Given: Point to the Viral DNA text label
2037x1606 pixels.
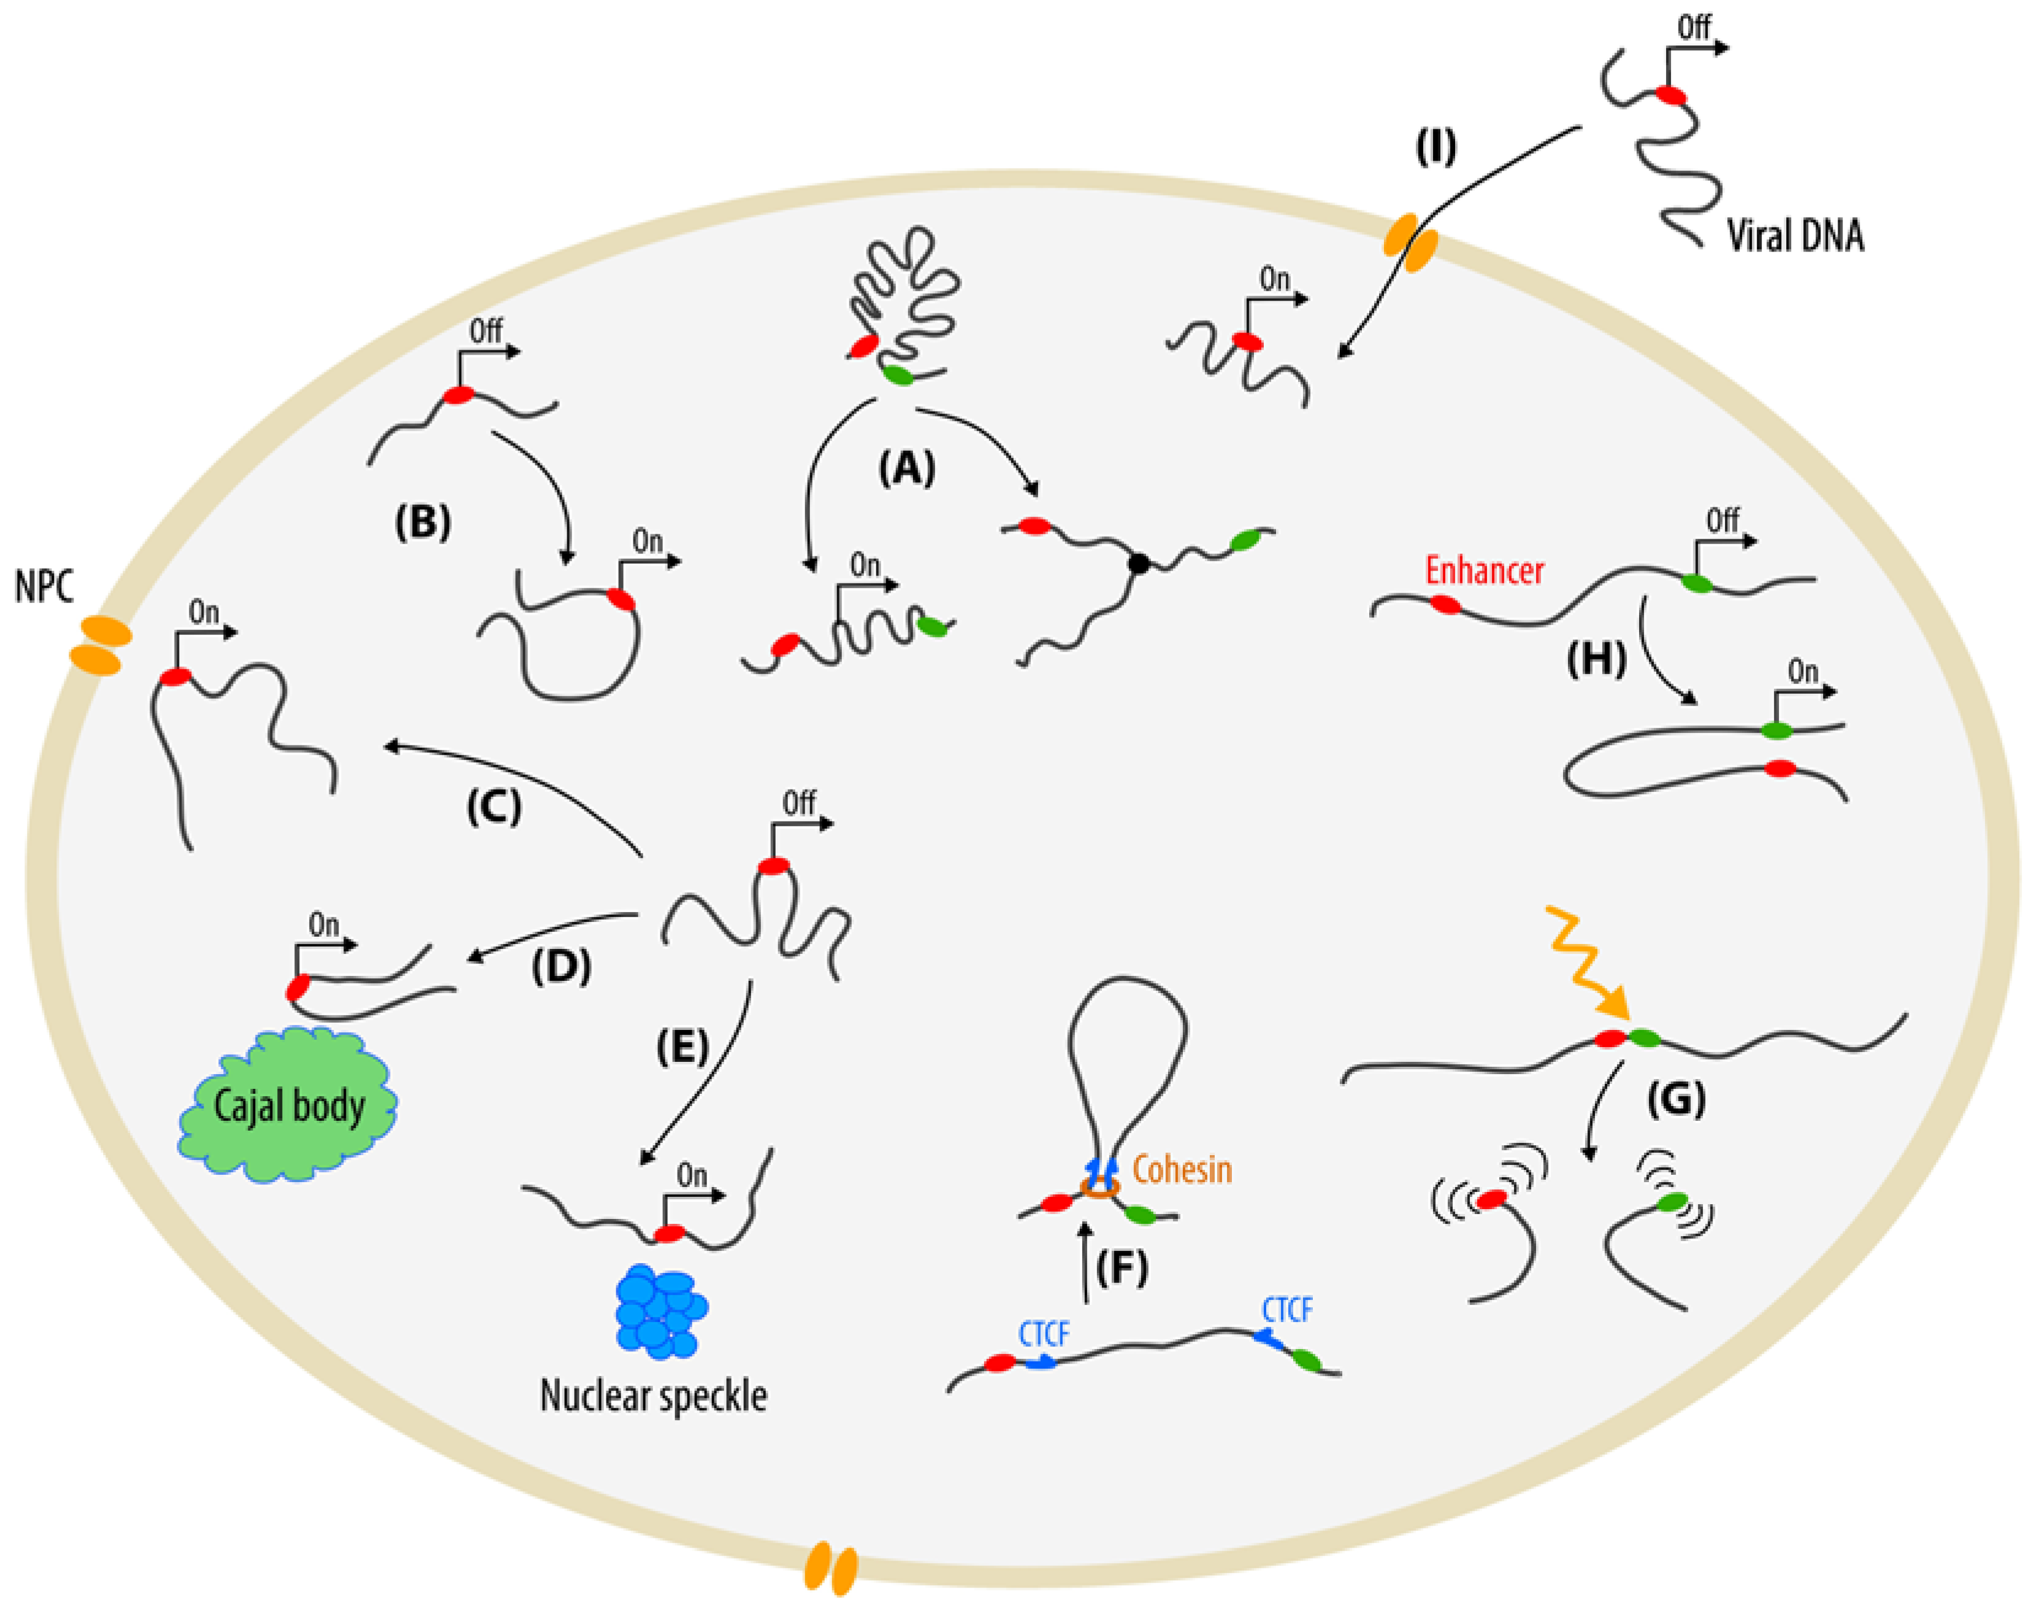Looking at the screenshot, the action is [1794, 235].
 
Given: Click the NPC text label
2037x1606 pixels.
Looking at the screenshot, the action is [44, 588].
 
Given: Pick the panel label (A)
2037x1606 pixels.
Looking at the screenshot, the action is [907, 467].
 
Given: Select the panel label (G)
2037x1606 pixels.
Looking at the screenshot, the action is [1677, 1098].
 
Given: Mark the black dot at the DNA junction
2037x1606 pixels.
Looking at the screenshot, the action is [1139, 564].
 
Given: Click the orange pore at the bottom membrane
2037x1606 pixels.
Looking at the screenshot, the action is [831, 1569].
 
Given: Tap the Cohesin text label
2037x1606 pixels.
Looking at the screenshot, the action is [1182, 1170].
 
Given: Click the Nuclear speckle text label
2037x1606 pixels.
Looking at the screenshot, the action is [653, 1396].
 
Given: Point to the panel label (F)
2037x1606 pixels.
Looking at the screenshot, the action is [1122, 1269].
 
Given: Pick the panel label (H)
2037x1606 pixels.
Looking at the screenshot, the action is [1596, 660].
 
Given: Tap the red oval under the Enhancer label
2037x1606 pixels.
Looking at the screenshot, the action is [1446, 605].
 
